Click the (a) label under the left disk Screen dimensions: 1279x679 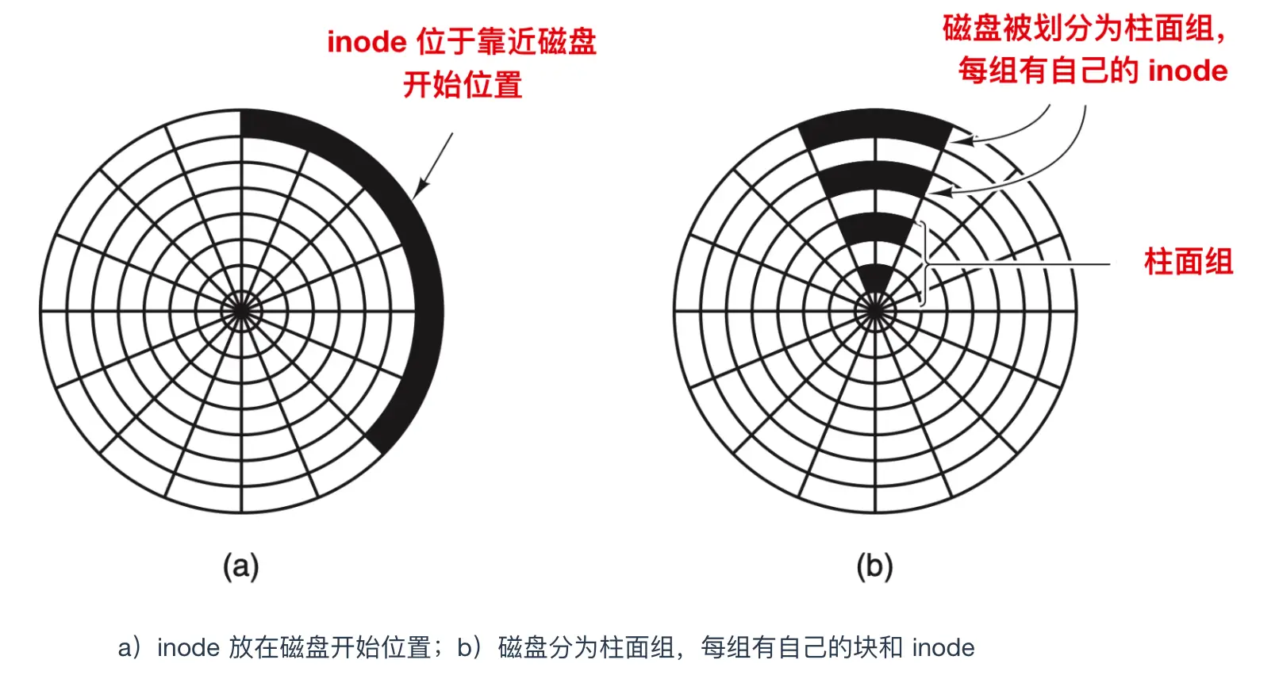[240, 566]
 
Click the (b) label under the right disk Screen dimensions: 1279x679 [874, 566]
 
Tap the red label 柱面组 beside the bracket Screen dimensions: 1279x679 [1188, 262]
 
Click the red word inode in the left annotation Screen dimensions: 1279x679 [367, 42]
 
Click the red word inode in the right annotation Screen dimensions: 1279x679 [1188, 71]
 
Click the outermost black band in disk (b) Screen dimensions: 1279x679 [875, 126]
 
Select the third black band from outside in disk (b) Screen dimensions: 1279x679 [875, 228]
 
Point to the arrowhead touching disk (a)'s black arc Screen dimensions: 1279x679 [418, 190]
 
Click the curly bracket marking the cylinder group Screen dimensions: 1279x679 [924, 263]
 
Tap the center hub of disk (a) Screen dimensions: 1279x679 [241, 311]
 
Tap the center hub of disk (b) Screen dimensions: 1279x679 [875, 311]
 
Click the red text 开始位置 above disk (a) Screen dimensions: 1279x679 [463, 85]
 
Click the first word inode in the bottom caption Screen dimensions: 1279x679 [188, 648]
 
